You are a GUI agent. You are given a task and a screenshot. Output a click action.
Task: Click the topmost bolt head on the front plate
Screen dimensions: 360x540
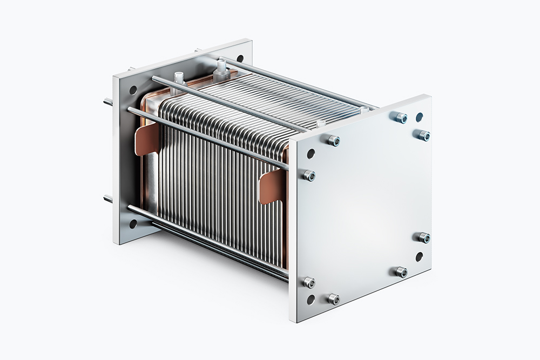tap(400, 117)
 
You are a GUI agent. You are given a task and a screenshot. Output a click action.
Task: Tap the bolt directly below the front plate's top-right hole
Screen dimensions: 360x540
tap(424, 135)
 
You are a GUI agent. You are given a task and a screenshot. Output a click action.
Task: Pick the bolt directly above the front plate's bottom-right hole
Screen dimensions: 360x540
tap(424, 237)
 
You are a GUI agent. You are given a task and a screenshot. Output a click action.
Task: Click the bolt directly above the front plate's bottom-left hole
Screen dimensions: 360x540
tap(308, 282)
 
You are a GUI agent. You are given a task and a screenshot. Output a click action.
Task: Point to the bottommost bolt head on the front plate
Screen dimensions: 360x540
tap(334, 298)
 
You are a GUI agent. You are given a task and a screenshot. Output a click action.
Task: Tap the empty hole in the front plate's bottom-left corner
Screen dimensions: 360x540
tap(310, 299)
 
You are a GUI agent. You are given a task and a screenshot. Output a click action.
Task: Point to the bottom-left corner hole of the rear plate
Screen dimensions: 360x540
tap(132, 222)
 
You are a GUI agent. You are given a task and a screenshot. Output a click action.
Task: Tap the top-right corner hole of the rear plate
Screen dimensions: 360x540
tap(239, 58)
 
